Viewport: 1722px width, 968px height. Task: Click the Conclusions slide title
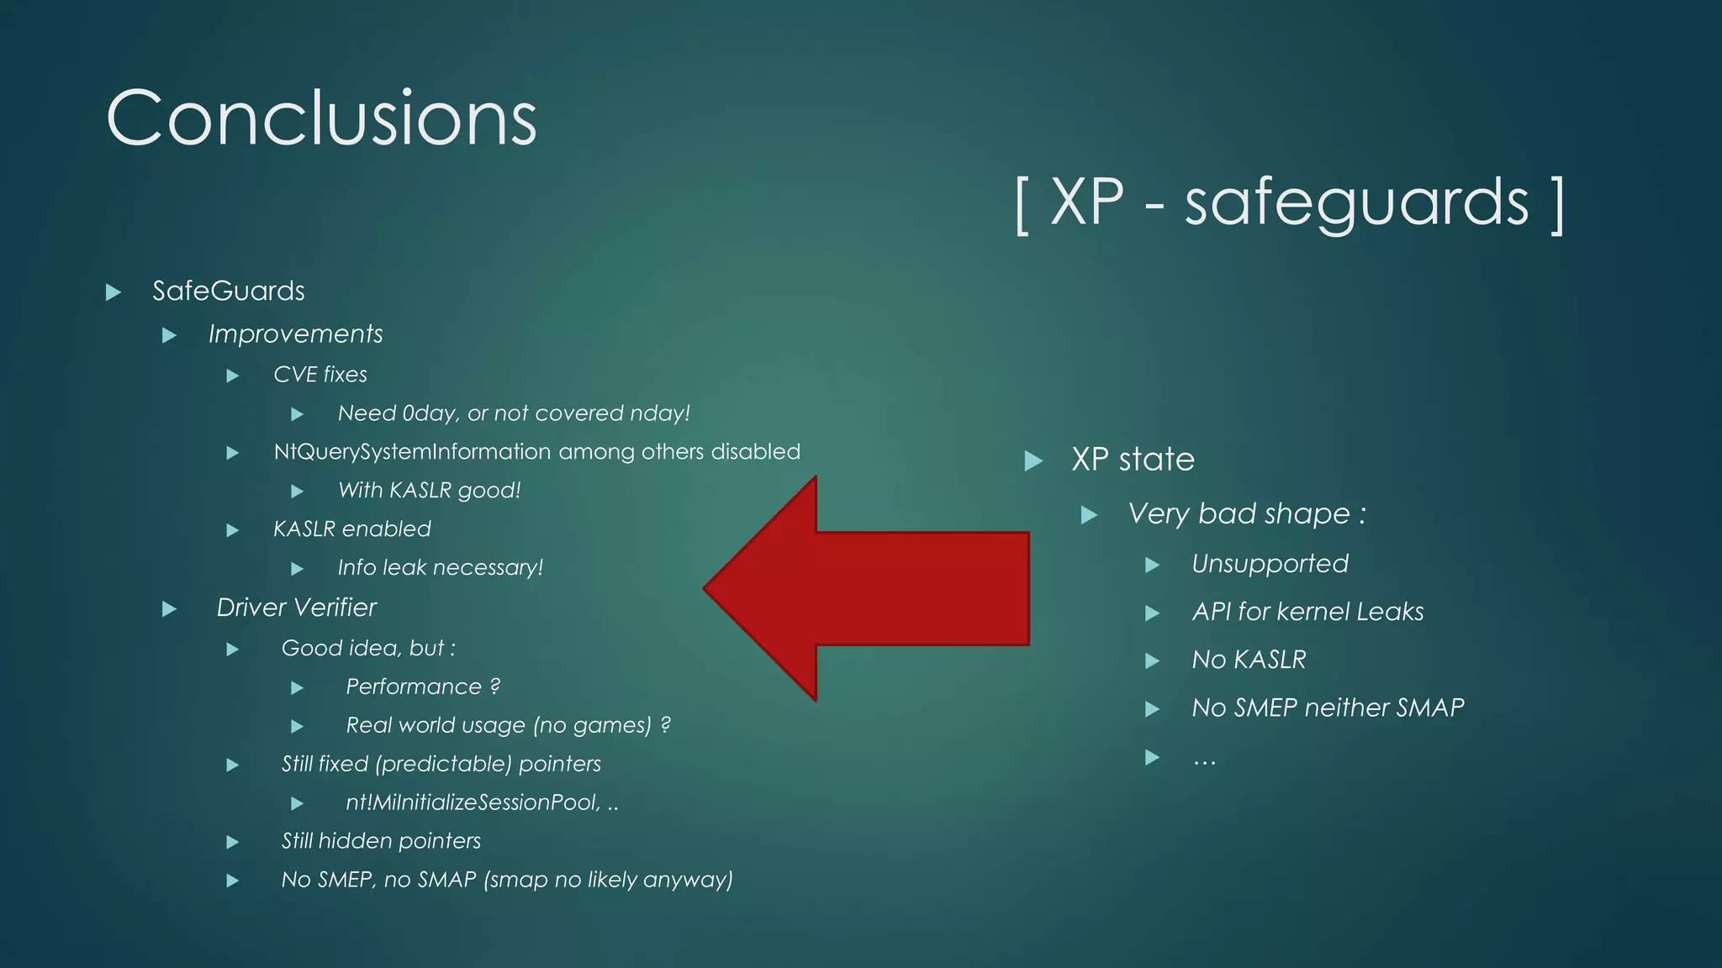coord(321,118)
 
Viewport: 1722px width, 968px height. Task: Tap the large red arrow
coord(866,588)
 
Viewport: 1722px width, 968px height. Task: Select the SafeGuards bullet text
coord(228,291)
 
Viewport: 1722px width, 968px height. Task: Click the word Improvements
coord(295,334)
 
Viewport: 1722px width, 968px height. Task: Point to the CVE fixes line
coord(320,374)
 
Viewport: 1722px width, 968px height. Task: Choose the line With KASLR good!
coord(429,490)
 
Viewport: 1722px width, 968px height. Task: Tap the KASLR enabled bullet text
coord(351,529)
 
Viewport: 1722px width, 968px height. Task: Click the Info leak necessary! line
coord(440,568)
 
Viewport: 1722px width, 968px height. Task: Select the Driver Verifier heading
coord(296,608)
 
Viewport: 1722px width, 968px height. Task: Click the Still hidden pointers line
coord(380,841)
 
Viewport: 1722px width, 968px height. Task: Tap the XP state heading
coord(1132,460)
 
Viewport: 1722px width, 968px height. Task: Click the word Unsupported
coord(1270,564)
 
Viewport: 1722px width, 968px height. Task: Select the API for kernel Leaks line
coord(1307,612)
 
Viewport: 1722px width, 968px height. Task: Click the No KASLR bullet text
coord(1249,660)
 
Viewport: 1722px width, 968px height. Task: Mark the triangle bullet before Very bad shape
coord(1089,514)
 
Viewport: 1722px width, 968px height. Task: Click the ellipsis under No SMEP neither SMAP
coord(1204,760)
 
